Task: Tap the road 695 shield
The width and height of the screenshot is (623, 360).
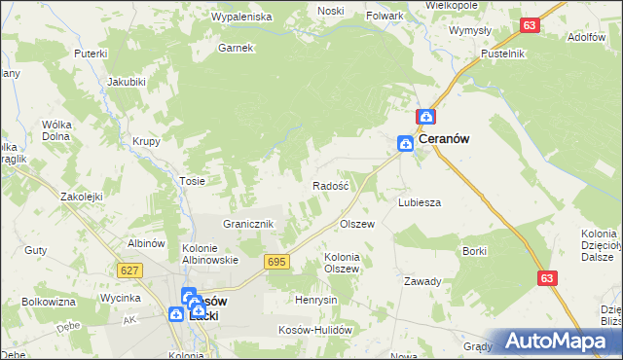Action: click(276, 263)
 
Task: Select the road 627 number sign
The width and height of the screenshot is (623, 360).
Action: click(128, 270)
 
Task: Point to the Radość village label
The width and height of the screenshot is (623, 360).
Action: click(330, 185)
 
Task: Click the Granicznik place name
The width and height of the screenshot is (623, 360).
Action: click(251, 224)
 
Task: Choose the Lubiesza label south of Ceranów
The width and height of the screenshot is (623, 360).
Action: click(420, 202)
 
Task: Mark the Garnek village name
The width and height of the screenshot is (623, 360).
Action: click(236, 47)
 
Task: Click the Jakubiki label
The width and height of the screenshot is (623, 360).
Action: click(127, 81)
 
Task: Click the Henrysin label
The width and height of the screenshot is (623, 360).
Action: click(316, 300)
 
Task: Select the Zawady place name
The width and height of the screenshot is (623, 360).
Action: click(423, 281)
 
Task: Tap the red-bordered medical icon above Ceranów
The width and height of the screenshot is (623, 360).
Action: click(425, 117)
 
